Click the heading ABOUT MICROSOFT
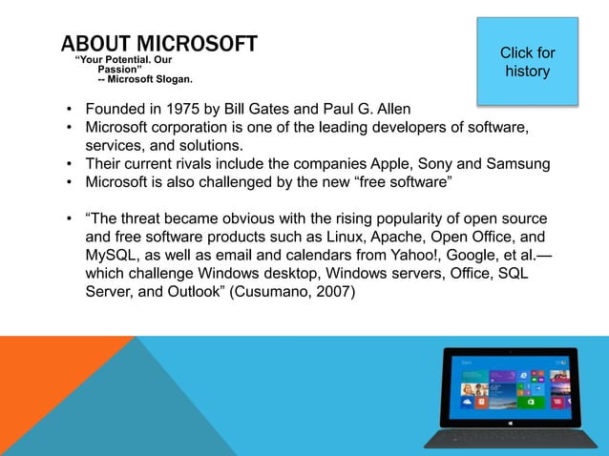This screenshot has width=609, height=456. (x=158, y=44)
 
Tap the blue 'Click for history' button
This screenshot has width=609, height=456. (x=527, y=62)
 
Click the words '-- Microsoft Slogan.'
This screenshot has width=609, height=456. (x=144, y=80)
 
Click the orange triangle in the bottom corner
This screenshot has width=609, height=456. (x=38, y=391)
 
